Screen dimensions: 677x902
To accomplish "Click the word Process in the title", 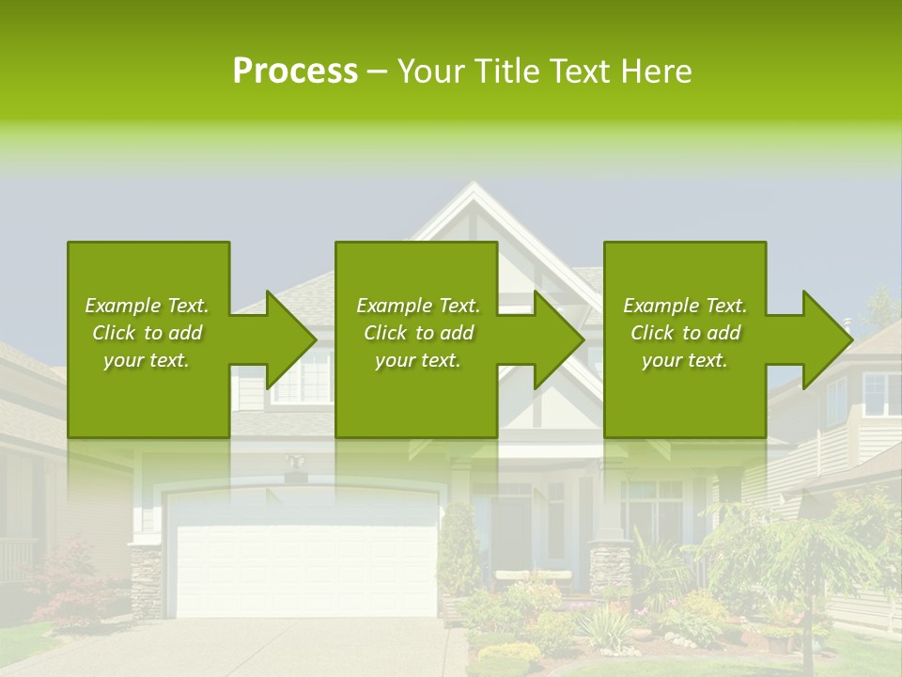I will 295,71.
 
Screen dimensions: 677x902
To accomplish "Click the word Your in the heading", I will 432,71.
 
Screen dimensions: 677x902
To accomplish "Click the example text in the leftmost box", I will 147,333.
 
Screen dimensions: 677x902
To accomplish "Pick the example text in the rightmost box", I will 685,333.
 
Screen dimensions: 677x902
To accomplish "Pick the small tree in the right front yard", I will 799,555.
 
